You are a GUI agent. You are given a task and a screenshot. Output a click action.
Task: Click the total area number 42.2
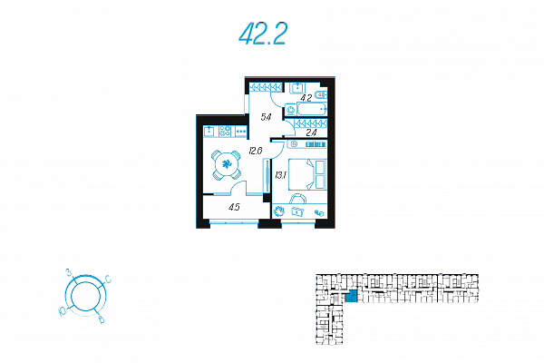263,34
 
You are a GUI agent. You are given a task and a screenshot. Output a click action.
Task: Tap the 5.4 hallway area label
266,117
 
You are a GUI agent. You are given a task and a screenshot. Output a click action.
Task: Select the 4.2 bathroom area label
306,98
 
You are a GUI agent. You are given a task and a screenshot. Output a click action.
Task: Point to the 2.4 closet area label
312,132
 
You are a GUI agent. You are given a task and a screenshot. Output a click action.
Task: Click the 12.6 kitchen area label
256,152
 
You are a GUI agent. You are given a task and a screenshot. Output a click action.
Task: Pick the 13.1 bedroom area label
280,175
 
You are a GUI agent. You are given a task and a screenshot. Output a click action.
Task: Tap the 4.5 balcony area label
234,208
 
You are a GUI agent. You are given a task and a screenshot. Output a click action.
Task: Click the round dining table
226,164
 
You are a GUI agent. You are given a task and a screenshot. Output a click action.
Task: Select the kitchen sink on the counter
209,132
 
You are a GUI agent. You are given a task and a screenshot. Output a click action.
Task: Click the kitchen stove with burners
225,132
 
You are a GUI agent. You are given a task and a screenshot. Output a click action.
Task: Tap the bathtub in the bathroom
312,110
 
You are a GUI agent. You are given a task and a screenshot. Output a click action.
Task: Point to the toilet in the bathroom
321,94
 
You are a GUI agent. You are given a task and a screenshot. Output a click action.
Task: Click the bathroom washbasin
297,87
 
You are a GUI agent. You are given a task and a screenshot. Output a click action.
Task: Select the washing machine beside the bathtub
291,110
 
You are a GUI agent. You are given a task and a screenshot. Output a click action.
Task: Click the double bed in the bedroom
307,174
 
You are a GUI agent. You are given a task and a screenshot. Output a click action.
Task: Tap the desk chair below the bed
298,199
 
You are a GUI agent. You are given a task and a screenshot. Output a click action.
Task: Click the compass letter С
108,280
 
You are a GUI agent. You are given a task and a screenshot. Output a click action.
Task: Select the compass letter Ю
63,312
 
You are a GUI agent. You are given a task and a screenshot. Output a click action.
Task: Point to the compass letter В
102,319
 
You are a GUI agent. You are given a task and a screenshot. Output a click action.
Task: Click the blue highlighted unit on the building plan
352,297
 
